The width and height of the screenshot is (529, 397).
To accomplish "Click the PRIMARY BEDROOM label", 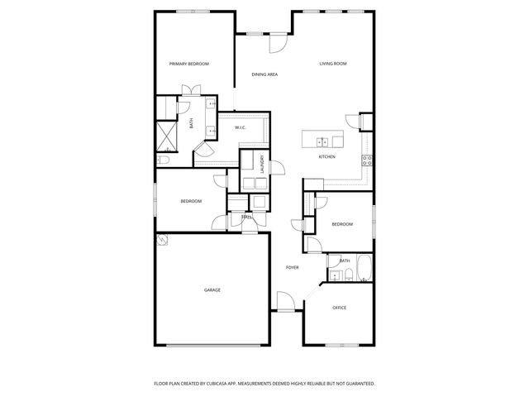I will point(188,64).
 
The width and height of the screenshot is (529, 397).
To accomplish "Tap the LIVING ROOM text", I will point(332,64).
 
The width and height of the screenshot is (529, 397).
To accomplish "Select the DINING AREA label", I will point(264,74).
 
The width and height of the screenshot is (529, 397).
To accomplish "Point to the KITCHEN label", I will point(326,156).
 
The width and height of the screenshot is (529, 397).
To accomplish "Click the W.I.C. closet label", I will point(240,127).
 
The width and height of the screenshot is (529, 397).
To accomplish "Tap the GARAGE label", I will point(212,290).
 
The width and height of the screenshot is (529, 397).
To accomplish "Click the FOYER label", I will point(292,267).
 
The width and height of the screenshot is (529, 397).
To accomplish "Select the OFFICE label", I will point(339,308).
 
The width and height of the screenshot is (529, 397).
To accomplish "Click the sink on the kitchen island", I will point(322,141).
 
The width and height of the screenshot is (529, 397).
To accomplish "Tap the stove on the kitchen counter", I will point(368,160).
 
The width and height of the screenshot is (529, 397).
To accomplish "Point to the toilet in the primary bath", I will point(164,160).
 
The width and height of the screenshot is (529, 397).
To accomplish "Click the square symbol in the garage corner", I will point(163,241).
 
